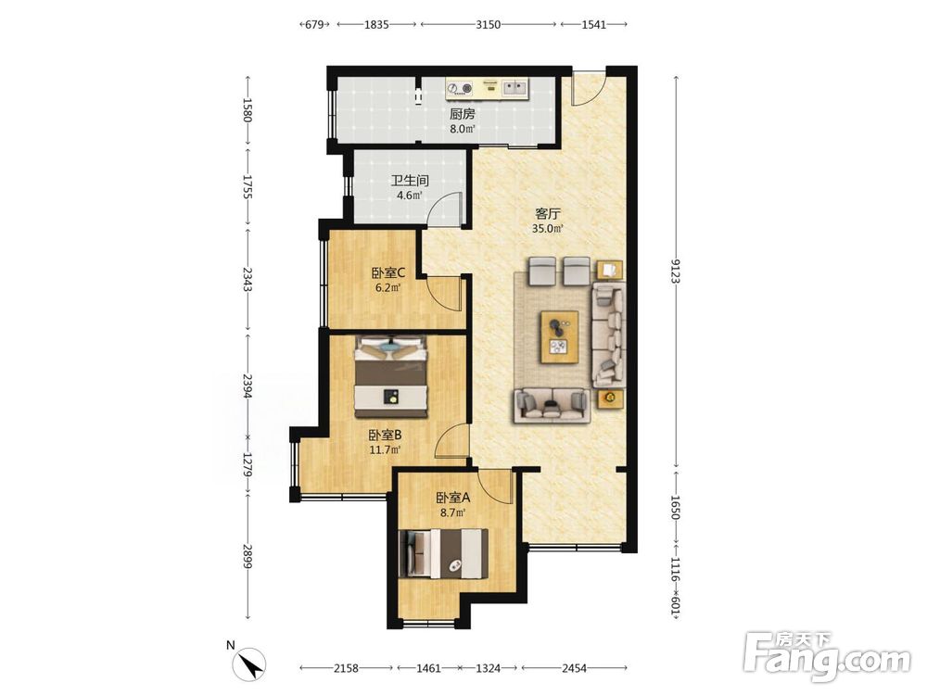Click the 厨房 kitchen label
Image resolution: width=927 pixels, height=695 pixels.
462,114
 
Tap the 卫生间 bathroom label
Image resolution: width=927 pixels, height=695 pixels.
409,181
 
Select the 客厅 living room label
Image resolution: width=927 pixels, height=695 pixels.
548,214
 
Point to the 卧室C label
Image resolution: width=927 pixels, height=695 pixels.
387,273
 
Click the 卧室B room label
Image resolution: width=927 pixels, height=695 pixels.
386,436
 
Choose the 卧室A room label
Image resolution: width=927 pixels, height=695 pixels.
453,499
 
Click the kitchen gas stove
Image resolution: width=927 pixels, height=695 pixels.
460,89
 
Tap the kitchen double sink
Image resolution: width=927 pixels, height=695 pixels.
514,88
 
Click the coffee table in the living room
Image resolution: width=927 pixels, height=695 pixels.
559,337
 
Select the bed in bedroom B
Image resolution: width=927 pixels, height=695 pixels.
391,376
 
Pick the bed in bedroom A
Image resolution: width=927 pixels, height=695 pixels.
444,554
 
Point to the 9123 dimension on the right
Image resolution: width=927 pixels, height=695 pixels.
675,270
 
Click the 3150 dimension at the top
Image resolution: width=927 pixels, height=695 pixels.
489,25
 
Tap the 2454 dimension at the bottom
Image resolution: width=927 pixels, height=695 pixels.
574,668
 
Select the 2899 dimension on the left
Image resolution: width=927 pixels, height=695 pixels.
248,557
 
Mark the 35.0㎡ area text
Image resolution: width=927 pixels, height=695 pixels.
548,229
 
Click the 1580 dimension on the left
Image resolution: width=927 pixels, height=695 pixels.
248,110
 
